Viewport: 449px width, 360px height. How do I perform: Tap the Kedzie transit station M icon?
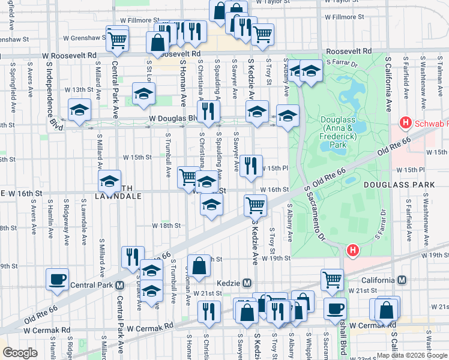click(x=247, y=283)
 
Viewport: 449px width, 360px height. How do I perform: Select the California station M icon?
click(x=402, y=280)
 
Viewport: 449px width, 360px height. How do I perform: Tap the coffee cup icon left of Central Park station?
click(x=58, y=279)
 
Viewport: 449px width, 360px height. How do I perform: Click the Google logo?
click(x=20, y=353)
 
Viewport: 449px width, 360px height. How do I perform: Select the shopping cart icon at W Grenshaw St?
click(x=118, y=39)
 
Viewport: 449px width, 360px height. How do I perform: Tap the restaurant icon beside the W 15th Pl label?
click(x=252, y=166)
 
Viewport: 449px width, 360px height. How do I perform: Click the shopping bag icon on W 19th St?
click(x=199, y=265)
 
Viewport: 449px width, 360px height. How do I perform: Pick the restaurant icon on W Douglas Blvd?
click(x=209, y=111)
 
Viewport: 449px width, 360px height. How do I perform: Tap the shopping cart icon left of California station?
click(x=332, y=279)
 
